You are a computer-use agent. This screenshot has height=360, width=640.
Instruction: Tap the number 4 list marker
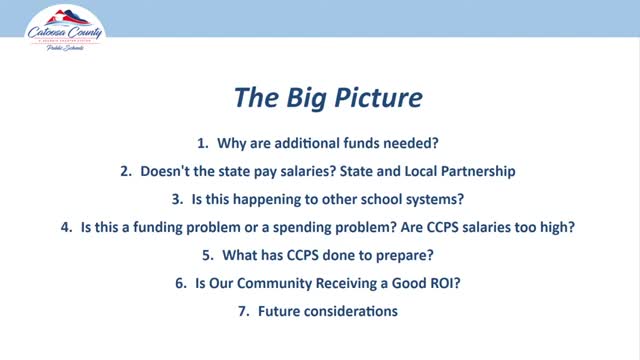[x=66, y=227]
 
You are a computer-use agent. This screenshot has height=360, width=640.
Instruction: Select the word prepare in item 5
[x=397, y=255]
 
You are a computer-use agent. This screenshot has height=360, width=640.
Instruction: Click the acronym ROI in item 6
[x=445, y=283]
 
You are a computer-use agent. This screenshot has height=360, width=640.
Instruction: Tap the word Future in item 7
[x=279, y=311]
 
